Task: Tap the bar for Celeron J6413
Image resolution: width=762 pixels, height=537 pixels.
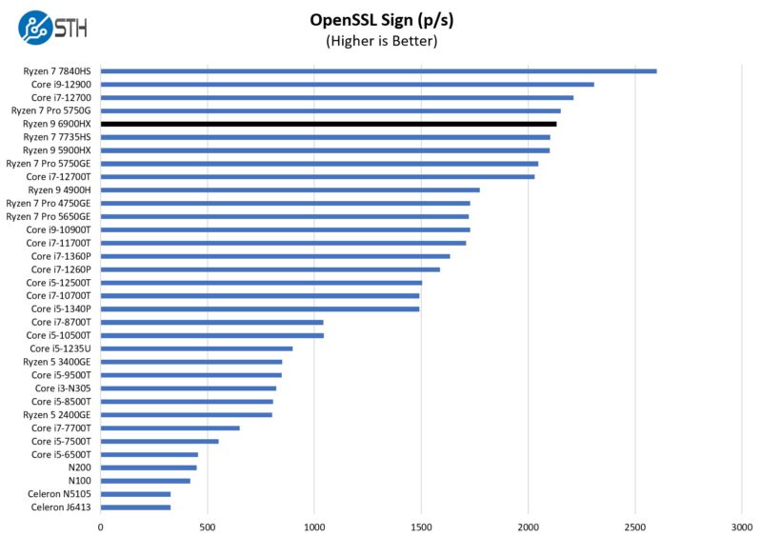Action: [x=135, y=507]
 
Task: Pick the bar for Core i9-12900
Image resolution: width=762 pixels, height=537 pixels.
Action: [x=347, y=85]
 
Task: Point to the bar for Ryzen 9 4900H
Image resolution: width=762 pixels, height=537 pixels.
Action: [x=290, y=189]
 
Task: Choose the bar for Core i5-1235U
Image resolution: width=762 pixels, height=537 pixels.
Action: [x=196, y=348]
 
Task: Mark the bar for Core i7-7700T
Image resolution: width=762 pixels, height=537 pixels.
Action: [x=170, y=428]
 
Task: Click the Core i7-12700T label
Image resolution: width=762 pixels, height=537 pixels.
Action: [x=58, y=176]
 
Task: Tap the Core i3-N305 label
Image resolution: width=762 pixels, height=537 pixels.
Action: [x=63, y=388]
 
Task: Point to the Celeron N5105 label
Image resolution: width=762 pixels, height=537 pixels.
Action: [x=58, y=493]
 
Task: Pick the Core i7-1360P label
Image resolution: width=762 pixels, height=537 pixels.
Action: [x=61, y=256]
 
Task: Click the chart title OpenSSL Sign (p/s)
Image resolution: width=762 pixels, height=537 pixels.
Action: [x=380, y=20]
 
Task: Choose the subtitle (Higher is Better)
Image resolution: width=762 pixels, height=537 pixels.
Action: [x=380, y=41]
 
